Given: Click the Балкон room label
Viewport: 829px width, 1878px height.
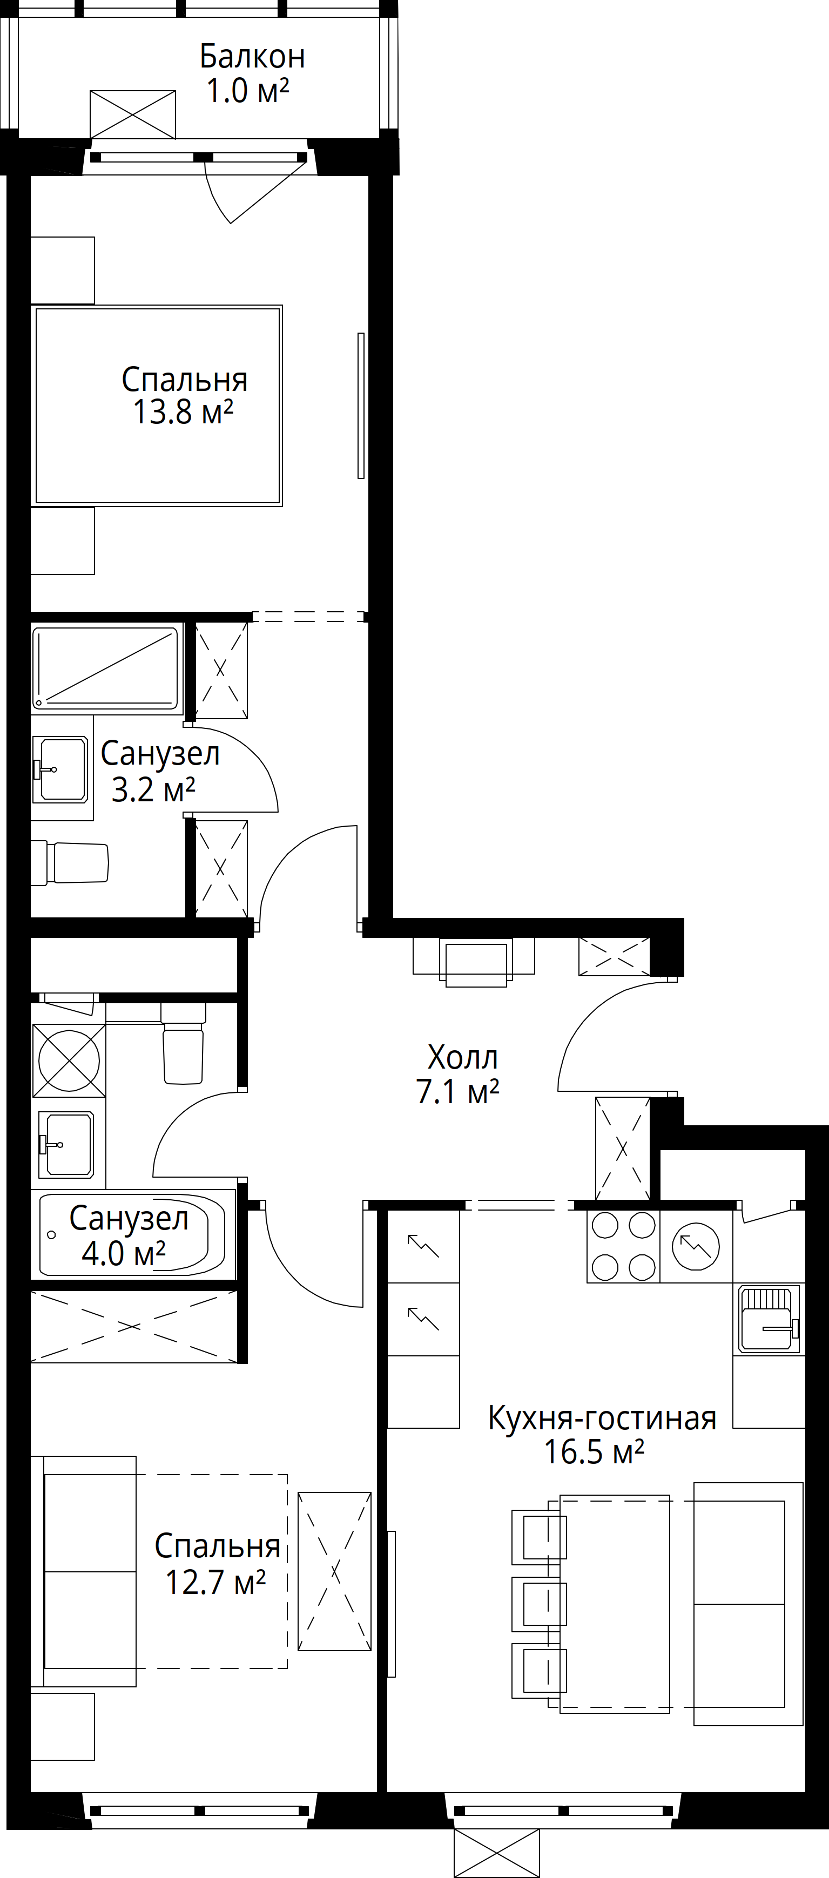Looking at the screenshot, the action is [x=252, y=57].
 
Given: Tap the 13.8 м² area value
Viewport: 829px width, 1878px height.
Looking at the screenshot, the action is [x=183, y=413].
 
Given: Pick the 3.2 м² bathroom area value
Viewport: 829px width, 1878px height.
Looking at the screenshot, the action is [x=154, y=789].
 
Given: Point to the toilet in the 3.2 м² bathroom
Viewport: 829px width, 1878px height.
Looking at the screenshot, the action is [x=70, y=864].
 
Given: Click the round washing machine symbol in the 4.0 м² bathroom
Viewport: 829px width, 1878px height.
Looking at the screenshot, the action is [x=69, y=1060].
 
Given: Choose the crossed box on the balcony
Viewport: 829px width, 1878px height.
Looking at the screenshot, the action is [x=133, y=114].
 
